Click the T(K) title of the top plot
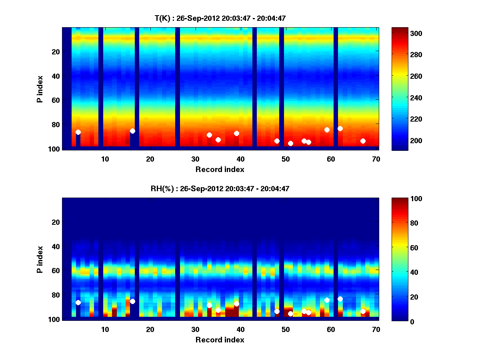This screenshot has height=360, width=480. [x=220, y=18]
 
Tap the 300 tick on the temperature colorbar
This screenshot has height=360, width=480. [x=401, y=34]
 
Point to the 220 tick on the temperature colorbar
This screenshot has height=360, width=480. [x=401, y=119]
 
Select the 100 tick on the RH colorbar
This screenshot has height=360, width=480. [x=401, y=199]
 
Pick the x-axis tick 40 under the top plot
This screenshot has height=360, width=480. [x=240, y=159]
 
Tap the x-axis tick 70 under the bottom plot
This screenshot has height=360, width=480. [x=376, y=329]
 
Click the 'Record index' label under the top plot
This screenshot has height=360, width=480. [x=220, y=169]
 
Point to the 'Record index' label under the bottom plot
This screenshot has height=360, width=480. [x=220, y=340]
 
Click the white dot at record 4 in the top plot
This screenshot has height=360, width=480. [x=78, y=132]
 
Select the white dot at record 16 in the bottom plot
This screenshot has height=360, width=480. [x=132, y=301]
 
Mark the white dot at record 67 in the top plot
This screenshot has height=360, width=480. [x=363, y=141]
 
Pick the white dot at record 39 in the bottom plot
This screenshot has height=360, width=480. [x=236, y=304]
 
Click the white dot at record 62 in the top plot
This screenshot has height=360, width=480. [x=340, y=128]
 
